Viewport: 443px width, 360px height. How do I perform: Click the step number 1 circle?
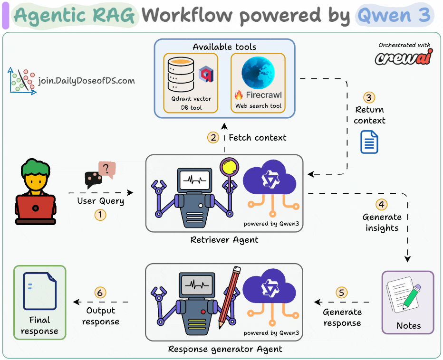[100, 215]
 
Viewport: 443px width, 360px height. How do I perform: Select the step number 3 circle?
[369, 97]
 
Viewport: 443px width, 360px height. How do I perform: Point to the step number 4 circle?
[382, 204]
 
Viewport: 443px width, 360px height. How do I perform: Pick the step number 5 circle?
[342, 293]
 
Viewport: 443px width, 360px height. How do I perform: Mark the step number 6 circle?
[100, 293]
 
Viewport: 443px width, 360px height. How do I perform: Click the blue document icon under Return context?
[369, 142]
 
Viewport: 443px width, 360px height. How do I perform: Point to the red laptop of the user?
[35, 208]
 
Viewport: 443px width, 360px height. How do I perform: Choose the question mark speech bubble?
[107, 169]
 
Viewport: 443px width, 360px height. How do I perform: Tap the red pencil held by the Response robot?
[228, 297]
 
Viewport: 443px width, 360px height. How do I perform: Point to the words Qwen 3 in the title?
[394, 16]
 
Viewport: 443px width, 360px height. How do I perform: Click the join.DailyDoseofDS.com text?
[87, 81]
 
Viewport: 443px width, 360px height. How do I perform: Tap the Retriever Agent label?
[224, 240]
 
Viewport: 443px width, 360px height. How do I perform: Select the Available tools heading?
[224, 47]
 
